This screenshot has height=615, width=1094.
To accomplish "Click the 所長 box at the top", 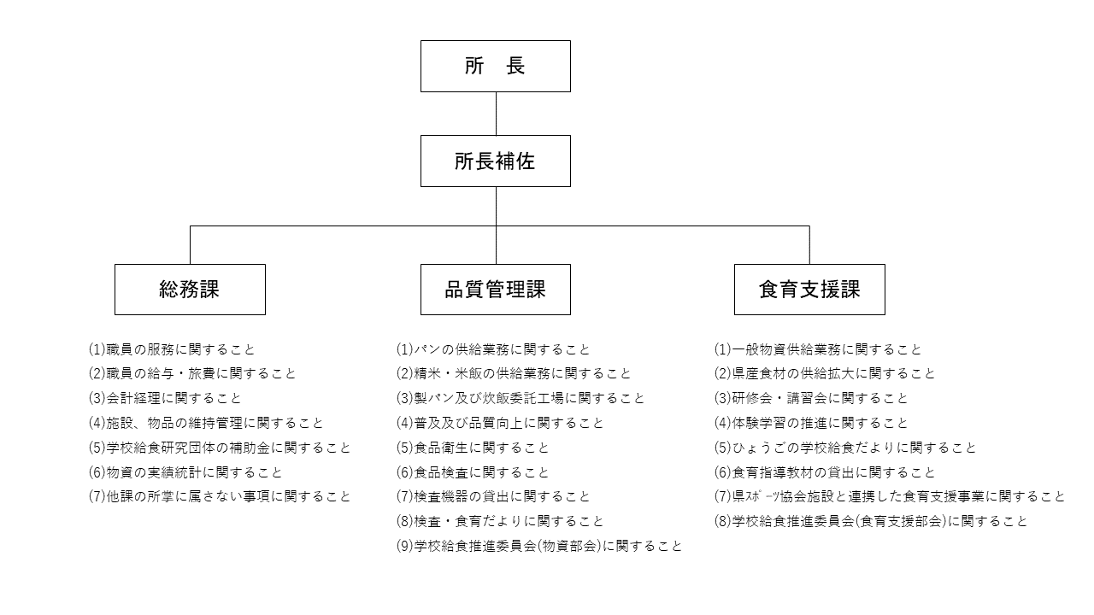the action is coord(495,66).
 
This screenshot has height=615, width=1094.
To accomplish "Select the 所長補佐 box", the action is coord(495,161).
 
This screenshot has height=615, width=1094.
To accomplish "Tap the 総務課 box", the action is coord(190,290).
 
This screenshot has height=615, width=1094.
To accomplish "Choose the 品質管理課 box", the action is coord(495,290).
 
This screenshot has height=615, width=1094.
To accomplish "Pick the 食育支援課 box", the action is coord(809,290).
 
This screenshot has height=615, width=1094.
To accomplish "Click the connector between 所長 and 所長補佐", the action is coord(496,114).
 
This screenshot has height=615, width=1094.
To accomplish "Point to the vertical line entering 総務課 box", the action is coord(190,245).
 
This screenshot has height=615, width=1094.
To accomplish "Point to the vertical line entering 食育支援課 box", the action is coord(809,245).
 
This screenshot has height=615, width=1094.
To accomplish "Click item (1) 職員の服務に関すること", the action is coord(172,349).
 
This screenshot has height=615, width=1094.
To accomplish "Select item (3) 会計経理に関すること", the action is coord(165,398).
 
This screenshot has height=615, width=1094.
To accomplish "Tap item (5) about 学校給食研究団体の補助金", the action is coord(220,448).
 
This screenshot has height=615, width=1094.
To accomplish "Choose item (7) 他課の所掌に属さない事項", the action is coord(220,496).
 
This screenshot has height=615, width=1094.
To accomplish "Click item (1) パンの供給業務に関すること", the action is coord(493,349).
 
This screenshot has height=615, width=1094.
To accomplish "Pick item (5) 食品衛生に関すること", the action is coord(473,448).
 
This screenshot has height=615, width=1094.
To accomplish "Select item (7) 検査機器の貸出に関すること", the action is coord(493,496).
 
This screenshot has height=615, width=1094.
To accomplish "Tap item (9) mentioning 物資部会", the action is coord(538,546).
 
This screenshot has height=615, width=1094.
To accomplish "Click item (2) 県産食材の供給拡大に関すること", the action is coord(824,374).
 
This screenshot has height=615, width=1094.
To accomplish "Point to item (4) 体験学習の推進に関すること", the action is coord(810,423).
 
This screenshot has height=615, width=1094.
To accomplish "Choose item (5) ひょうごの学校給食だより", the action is coord(844,448).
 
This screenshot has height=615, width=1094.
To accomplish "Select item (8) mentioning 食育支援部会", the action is coord(870,521).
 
